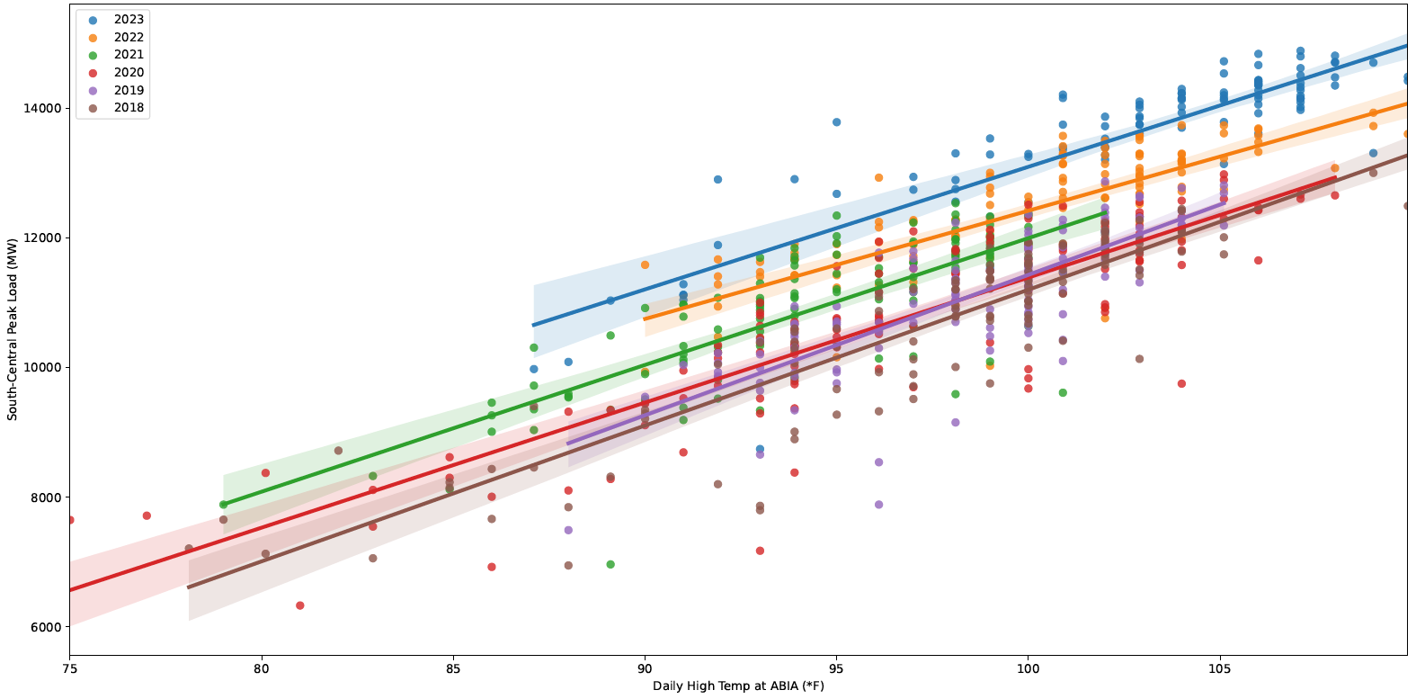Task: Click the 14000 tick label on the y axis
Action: (42, 108)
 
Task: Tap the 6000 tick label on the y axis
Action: (45, 627)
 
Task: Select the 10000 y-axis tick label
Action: (42, 368)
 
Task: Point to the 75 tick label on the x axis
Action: (69, 669)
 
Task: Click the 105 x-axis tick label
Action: (1220, 669)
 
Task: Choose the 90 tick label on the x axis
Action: (645, 669)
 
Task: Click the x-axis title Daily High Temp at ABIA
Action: (738, 686)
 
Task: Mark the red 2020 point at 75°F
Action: (69, 520)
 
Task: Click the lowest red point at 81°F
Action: (299, 605)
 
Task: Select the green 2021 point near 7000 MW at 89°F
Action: (610, 564)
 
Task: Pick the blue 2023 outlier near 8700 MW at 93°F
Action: (760, 449)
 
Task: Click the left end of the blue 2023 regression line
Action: (534, 325)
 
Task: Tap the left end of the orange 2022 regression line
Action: (645, 319)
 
